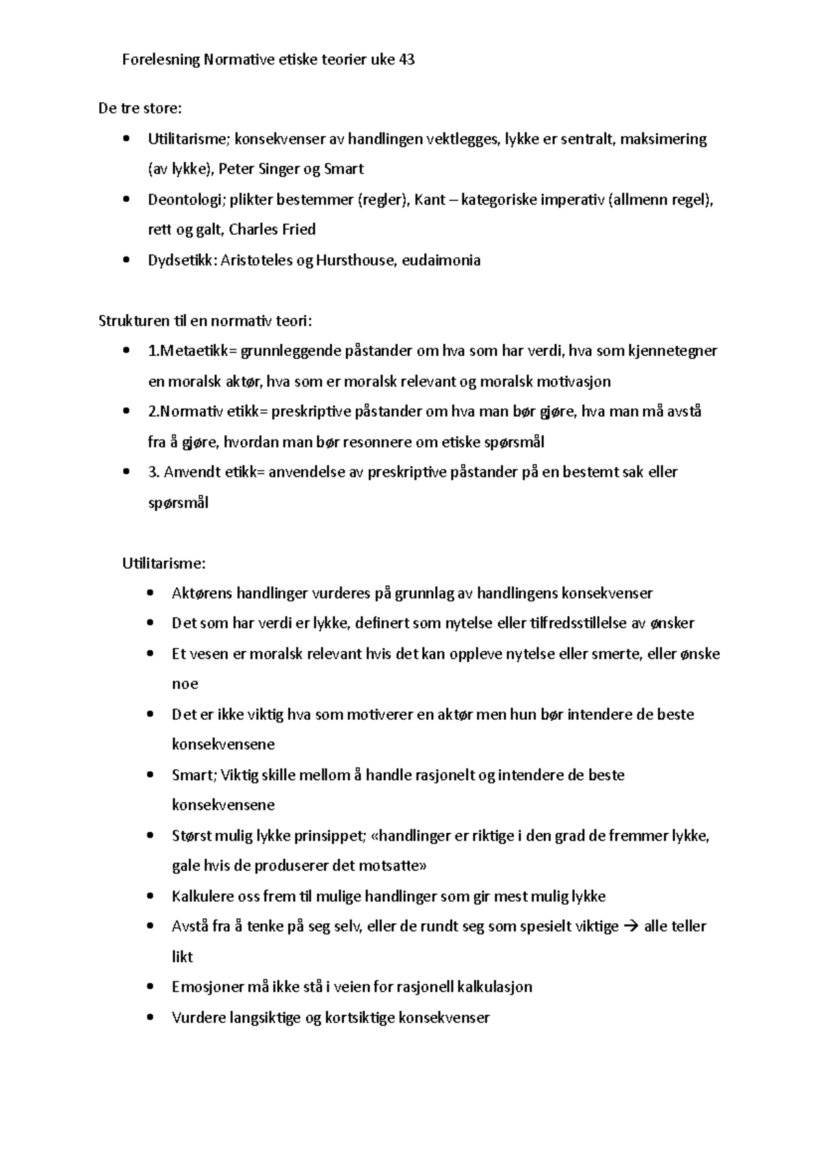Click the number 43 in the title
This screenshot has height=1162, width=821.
coord(406,60)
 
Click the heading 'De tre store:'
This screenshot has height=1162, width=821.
coord(140,108)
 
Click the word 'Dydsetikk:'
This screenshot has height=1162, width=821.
coord(182,260)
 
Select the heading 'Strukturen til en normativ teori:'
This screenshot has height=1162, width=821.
coord(205,320)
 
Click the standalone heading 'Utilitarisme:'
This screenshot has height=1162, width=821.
coord(164,563)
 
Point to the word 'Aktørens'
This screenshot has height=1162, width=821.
coord(202,593)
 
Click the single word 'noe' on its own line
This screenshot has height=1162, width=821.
coord(185,684)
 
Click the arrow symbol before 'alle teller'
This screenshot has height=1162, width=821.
coord(631,927)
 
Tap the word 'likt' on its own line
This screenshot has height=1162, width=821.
coord(182,957)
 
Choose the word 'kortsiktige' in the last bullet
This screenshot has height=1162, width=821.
coord(359,1018)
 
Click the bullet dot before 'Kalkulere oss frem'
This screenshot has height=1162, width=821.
coord(151,896)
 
